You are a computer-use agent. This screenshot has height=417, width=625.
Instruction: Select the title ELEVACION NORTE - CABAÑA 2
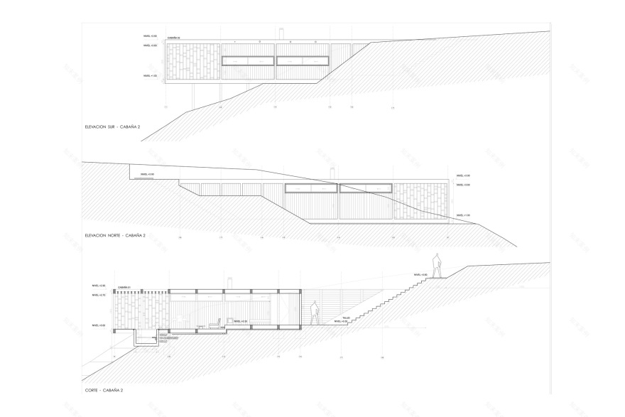(115, 235)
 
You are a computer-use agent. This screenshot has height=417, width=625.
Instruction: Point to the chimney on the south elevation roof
(282, 33)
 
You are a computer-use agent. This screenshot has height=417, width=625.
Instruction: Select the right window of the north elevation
(366, 189)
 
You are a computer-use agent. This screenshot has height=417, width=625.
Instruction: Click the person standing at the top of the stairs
(438, 266)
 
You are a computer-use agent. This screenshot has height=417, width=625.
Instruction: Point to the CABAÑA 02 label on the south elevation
(174, 38)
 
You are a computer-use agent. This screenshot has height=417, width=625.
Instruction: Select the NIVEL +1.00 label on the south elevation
(150, 75)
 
